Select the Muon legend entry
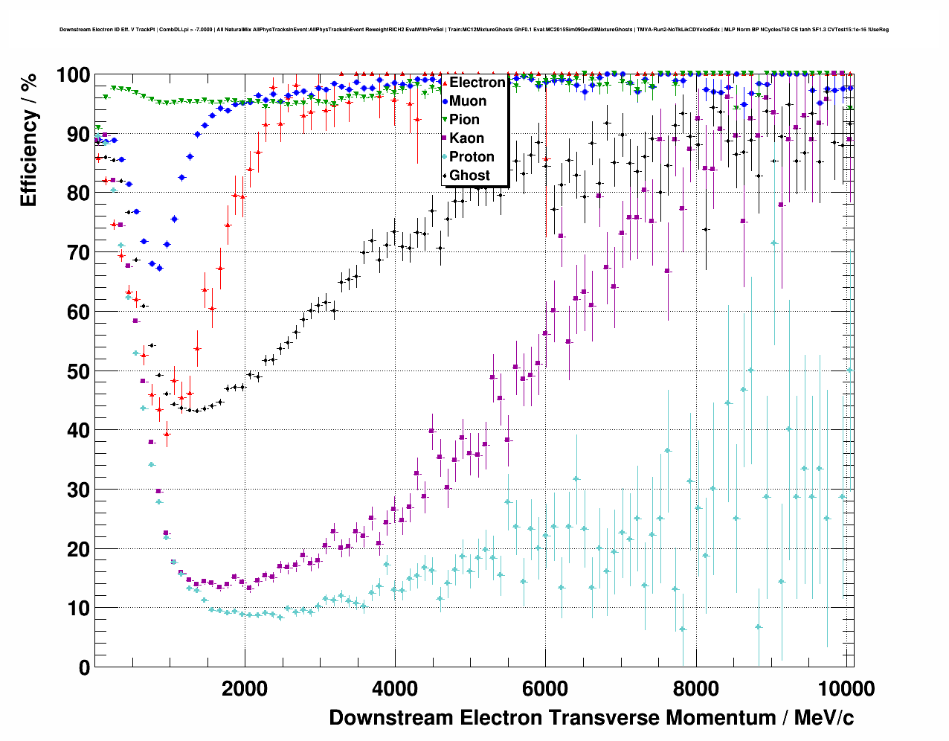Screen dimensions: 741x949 click(x=468, y=101)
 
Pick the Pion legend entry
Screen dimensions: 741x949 click(x=464, y=120)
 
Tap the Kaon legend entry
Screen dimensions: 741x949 click(x=466, y=138)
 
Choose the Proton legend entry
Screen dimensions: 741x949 click(x=472, y=157)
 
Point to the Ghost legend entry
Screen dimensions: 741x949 click(x=469, y=176)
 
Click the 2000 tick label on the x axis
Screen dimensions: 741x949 click(x=245, y=688)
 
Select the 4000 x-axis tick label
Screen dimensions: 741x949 click(x=395, y=688)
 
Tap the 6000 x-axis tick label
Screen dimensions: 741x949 click(x=545, y=688)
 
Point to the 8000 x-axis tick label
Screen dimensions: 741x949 click(x=695, y=688)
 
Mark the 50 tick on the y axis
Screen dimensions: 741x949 click(x=77, y=371)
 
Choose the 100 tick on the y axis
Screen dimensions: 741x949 click(x=72, y=75)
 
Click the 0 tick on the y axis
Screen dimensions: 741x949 click(x=83, y=667)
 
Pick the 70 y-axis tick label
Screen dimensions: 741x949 click(x=77, y=253)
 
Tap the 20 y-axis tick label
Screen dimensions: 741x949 click(x=77, y=549)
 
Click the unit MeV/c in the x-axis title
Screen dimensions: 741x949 click(x=824, y=717)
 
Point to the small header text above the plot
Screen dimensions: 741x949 click(x=474, y=30)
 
